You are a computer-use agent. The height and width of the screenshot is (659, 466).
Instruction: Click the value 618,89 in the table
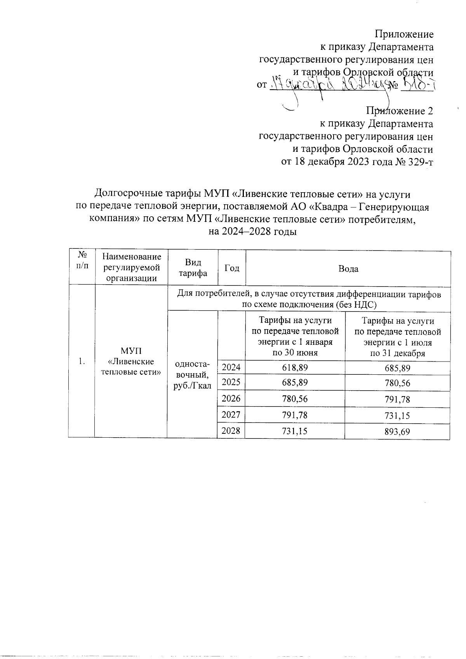(295, 368)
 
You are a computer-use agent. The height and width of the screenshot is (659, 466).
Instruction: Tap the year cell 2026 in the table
(231, 398)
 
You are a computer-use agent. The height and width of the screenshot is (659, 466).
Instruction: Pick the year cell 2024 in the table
(231, 367)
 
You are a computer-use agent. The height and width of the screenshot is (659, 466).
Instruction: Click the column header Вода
(348, 269)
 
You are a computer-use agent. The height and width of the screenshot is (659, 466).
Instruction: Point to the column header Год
(232, 268)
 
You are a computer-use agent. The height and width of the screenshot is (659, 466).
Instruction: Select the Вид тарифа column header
(193, 268)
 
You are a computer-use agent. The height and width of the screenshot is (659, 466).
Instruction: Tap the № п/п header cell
(82, 260)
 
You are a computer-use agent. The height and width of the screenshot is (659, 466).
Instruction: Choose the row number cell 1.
(81, 362)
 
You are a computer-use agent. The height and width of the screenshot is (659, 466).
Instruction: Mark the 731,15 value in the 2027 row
(397, 416)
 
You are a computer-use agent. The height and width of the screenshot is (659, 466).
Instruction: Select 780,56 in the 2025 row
(397, 383)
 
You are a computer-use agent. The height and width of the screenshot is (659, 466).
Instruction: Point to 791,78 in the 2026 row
(397, 399)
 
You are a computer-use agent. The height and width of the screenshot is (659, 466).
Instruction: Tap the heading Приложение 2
(400, 111)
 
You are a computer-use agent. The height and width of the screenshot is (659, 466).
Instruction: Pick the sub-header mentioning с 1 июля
(397, 337)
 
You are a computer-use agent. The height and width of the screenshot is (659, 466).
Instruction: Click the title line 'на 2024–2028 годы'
(252, 232)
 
